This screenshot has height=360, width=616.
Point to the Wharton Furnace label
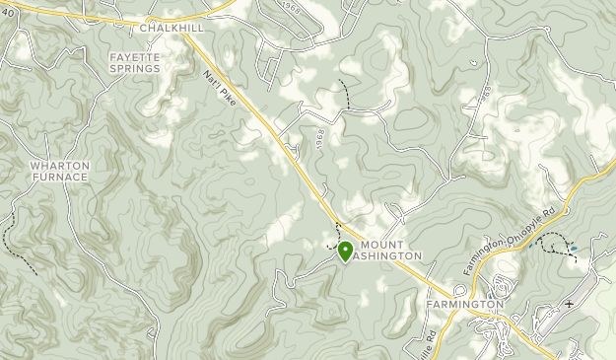pos(59,172)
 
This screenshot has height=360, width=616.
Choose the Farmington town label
pos(464,305)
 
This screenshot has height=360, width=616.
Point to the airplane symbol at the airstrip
pos(569,303)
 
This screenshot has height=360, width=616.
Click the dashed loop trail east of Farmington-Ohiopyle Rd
pos(559,244)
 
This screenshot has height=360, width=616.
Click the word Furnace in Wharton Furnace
pos(59,178)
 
